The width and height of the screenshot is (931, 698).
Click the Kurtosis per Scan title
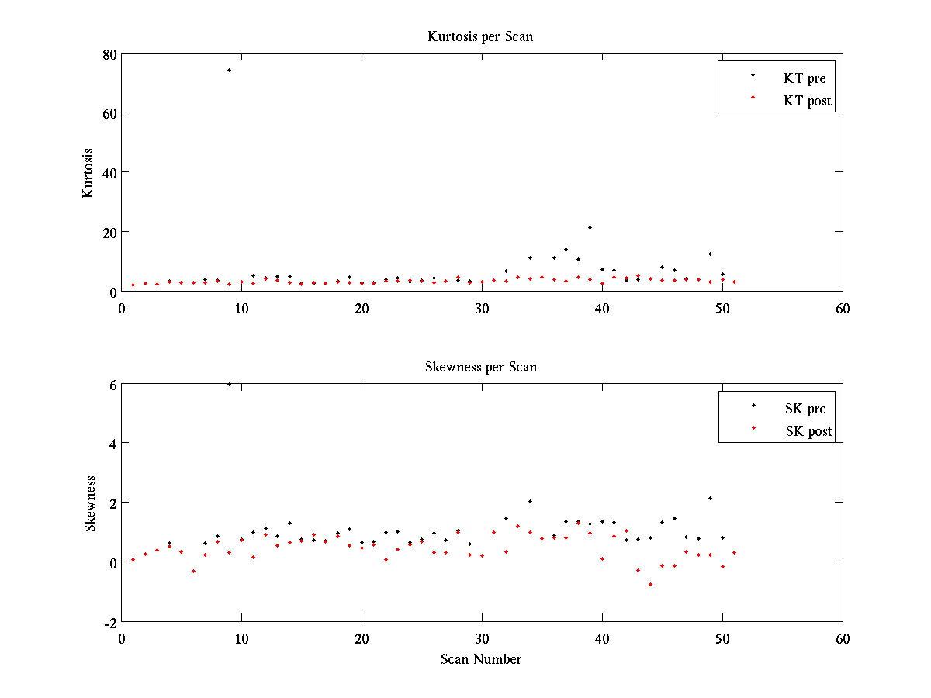(480, 36)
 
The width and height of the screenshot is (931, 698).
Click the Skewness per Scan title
(480, 367)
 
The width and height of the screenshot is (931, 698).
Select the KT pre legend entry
(805, 78)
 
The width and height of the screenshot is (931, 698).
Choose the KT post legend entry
(807, 100)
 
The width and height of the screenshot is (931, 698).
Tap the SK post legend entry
(808, 430)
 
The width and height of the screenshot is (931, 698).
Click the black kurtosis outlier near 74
(229, 70)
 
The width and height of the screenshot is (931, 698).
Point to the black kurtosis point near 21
(590, 227)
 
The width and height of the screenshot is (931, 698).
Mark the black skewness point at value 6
(229, 384)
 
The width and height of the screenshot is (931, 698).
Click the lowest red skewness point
(650, 584)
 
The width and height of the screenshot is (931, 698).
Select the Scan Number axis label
(480, 659)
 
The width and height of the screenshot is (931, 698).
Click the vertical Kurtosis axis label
(88, 173)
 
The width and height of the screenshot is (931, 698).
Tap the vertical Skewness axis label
(90, 503)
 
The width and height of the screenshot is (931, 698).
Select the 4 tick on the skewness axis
(112, 444)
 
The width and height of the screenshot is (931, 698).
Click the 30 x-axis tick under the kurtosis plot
(481, 308)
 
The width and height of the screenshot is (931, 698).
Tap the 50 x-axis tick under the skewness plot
(722, 638)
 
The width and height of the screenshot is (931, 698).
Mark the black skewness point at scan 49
(710, 498)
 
